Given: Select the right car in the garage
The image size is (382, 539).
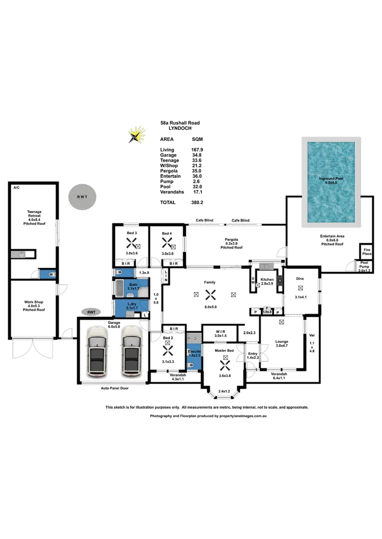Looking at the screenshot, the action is (x=131, y=352).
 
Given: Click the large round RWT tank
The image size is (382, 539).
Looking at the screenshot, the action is (x=82, y=197).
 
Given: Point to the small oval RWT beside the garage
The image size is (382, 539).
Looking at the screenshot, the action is (x=91, y=312).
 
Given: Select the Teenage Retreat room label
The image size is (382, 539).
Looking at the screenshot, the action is (x=34, y=218).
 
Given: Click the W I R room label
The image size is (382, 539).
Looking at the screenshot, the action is (x=220, y=333).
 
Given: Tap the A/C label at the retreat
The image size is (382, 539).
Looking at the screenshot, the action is (x=16, y=188).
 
